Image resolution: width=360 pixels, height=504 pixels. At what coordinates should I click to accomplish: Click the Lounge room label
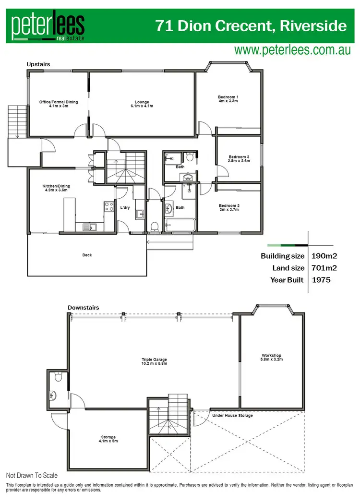[x=142, y=104]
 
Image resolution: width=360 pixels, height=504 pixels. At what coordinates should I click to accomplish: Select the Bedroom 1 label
[x=228, y=99]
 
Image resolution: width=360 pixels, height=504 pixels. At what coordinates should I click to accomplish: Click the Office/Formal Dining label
[x=58, y=104]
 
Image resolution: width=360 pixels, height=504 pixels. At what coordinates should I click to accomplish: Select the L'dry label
[x=123, y=208]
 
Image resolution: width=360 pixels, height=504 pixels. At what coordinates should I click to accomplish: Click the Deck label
[x=87, y=255]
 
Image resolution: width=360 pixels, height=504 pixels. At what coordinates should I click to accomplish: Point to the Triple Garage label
[x=154, y=361]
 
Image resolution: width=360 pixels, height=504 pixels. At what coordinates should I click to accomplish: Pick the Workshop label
[x=271, y=358]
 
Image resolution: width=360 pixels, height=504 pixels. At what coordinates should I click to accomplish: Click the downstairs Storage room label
[x=108, y=439]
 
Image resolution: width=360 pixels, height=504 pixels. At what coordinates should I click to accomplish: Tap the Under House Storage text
[x=232, y=415]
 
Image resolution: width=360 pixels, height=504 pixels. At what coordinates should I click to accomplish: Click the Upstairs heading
[x=38, y=64]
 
